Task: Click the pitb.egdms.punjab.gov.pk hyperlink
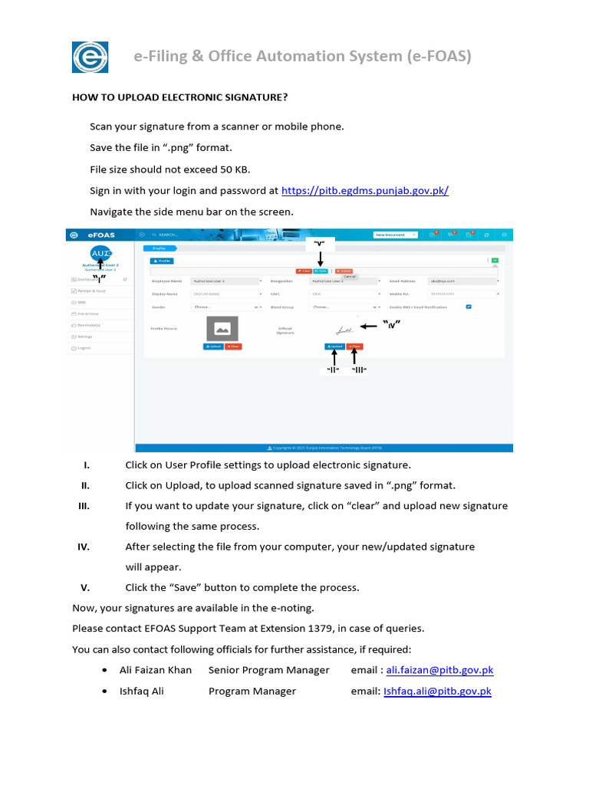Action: click(x=365, y=191)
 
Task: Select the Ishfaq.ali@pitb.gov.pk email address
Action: click(x=437, y=691)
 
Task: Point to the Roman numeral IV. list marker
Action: click(x=84, y=547)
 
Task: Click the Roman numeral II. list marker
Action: click(x=86, y=486)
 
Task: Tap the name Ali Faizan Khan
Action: click(x=156, y=670)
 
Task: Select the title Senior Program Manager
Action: click(x=268, y=670)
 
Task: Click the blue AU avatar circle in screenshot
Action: click(x=101, y=254)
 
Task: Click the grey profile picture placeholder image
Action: click(x=222, y=328)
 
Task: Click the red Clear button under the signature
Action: click(x=354, y=347)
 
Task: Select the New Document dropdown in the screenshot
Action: click(x=395, y=235)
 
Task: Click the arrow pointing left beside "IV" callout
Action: click(x=370, y=326)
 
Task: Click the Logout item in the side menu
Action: click(x=83, y=348)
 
